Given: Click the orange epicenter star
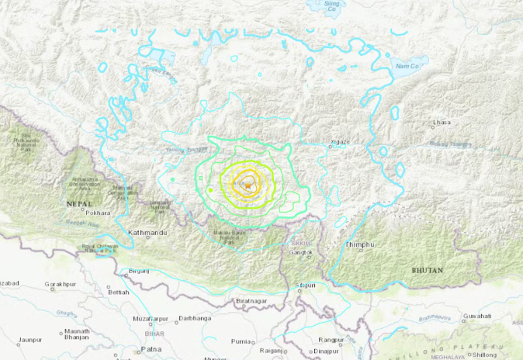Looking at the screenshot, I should (247, 185).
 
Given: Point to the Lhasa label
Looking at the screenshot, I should (442, 123).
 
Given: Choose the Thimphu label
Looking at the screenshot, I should (360, 244).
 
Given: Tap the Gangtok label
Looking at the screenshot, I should (300, 253).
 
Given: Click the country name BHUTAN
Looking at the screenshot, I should (428, 270).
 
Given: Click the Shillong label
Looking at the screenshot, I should (484, 354).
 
